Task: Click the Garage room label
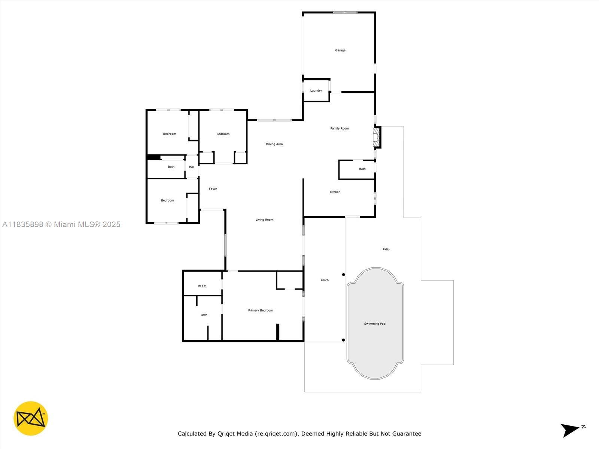tap(340, 50)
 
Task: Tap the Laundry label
tap(316, 91)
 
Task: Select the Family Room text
tap(340, 128)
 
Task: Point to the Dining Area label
tap(274, 144)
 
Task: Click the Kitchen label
tap(335, 192)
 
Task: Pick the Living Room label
tap(264, 220)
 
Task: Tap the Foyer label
tap(213, 189)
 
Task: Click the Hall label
tap(192, 167)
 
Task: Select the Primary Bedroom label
tap(260, 311)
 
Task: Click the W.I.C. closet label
tap(202, 286)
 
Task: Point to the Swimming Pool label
tap(375, 324)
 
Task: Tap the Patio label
tap(386, 250)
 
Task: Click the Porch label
tap(325, 280)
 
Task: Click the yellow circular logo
tap(31, 418)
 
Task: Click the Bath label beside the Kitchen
tap(362, 169)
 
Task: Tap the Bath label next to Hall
tap(171, 167)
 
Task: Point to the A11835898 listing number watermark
tap(23, 224)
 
